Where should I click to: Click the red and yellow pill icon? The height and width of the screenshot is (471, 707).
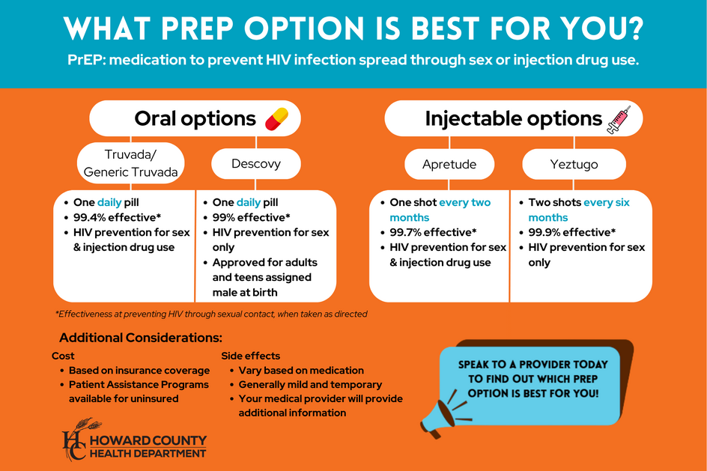tap(276, 119)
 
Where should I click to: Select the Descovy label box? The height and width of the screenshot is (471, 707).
tap(256, 164)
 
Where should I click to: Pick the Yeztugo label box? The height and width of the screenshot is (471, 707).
tap(574, 164)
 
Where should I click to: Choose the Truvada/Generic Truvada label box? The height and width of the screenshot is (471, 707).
tap(131, 163)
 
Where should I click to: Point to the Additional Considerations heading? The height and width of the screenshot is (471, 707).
tap(141, 338)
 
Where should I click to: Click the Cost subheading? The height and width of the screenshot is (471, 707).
tap(63, 356)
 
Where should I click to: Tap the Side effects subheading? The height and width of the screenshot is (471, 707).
tap(250, 356)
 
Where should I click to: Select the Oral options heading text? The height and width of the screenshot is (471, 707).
tap(195, 119)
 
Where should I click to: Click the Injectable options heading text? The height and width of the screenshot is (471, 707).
tap(513, 119)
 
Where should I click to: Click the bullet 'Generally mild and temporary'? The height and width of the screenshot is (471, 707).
tap(310, 384)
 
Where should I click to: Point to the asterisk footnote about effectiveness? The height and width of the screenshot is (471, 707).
tap(211, 314)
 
